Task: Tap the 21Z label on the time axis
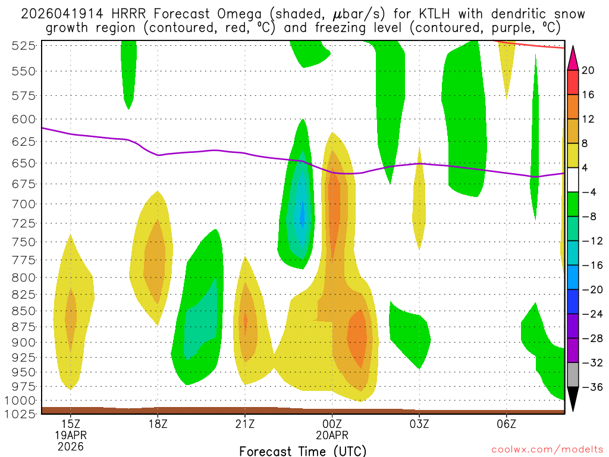tap(245, 424)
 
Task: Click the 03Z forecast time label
tap(419, 424)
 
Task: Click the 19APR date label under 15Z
tap(71, 435)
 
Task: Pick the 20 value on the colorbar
tap(588, 70)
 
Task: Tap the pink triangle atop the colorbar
tap(573, 57)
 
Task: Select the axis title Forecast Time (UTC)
tap(303, 450)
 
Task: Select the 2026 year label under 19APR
tap(71, 446)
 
